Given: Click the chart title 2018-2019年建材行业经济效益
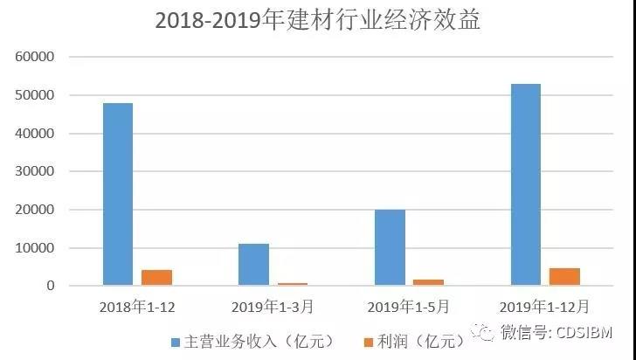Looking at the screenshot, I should coord(318,21).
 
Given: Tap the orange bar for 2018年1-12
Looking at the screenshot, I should coord(157,277).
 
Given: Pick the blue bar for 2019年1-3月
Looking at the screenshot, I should coord(254,265).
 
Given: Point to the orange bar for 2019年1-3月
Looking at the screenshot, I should coord(294,284).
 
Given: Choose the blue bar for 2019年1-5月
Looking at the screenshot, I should coord(391,247).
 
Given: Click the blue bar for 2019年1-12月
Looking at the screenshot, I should coord(526,184).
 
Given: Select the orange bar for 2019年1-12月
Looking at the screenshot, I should coord(565,276).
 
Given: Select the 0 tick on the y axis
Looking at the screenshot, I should coord(52,286).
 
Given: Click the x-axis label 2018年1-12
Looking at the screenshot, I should coord(137,307).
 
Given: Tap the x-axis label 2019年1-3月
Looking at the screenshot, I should coord(274,307).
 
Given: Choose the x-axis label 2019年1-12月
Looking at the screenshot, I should coord(545,307).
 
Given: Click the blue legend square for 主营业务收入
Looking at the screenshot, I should coord(176,341).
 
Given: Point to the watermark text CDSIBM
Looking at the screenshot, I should coord(586,331).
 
